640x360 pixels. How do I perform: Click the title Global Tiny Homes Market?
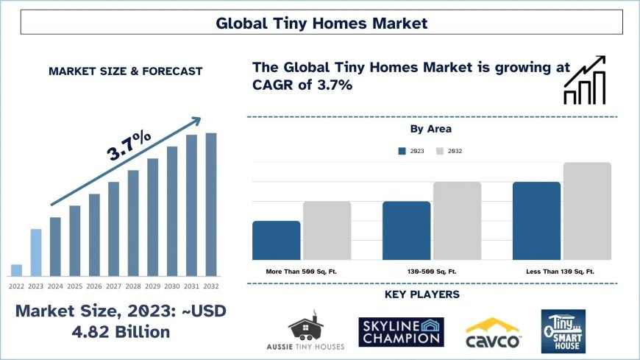321,23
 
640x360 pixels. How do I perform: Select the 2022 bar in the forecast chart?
16,270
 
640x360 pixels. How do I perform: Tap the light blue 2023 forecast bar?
36,253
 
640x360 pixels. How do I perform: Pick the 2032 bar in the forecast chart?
211,204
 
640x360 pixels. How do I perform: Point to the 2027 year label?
113,286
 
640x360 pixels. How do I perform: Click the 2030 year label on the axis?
172,286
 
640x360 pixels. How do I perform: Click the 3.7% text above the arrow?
129,145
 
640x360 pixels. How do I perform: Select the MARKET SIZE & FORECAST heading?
125,71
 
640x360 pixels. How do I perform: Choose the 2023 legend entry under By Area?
410,151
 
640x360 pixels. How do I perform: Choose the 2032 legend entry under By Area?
449,151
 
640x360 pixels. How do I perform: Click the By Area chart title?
430,129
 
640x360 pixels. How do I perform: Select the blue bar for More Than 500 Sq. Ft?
276,240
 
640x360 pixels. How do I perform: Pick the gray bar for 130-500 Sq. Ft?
457,220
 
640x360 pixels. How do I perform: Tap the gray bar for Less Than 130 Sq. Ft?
587,211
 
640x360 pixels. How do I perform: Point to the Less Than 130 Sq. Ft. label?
560,272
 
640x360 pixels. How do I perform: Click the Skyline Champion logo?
400,331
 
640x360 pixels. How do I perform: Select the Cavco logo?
493,333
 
